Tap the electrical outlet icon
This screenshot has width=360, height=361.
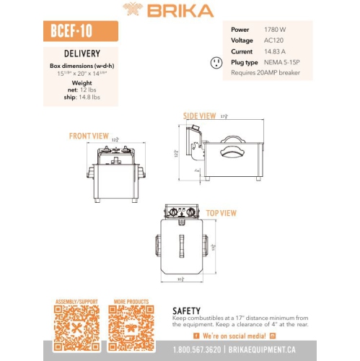pyautogui.click(x=215, y=64)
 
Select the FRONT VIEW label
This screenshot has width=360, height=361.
pyautogui.click(x=89, y=136)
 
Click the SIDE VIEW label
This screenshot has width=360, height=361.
pyautogui.click(x=199, y=116)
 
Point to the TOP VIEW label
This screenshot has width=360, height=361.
pyautogui.click(x=221, y=213)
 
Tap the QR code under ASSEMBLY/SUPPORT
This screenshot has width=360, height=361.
pyautogui.click(x=76, y=329)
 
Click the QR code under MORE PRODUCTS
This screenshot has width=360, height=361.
pyautogui.click(x=131, y=329)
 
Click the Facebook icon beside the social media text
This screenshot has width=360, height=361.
pyautogui.click(x=196, y=336)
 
